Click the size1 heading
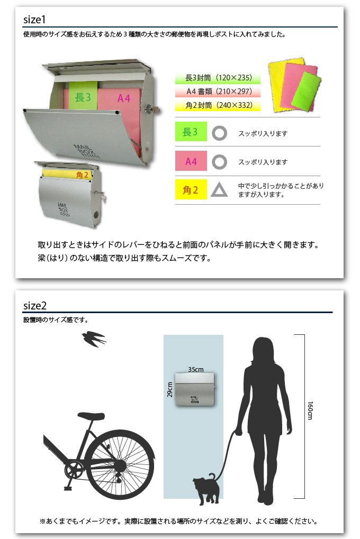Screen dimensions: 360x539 pyautogui.click(x=34, y=20)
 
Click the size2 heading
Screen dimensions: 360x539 pyautogui.click(x=35, y=306)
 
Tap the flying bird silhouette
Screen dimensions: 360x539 pyautogui.click(x=94, y=339)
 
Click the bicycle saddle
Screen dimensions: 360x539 pyautogui.click(x=91, y=416)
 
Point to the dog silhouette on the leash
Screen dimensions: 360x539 pyautogui.click(x=206, y=488)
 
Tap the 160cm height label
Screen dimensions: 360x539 pyautogui.click(x=310, y=410)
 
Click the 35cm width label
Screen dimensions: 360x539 pyautogui.click(x=195, y=370)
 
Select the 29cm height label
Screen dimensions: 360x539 pyautogui.click(x=169, y=390)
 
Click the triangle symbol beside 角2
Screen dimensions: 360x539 pyautogui.click(x=219, y=190)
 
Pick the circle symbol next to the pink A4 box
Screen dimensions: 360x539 pyautogui.click(x=219, y=162)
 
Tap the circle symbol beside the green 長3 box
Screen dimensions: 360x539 pyautogui.click(x=219, y=133)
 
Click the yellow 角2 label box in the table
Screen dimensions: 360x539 pyautogui.click(x=191, y=189)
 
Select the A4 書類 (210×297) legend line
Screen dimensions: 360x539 pyautogui.click(x=218, y=92)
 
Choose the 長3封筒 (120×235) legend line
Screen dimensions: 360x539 pyautogui.click(x=218, y=78)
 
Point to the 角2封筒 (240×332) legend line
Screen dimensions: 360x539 pyautogui.click(x=218, y=105)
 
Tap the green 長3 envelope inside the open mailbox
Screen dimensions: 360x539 pyautogui.click(x=83, y=96)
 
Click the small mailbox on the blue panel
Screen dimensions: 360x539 pyautogui.click(x=195, y=389)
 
